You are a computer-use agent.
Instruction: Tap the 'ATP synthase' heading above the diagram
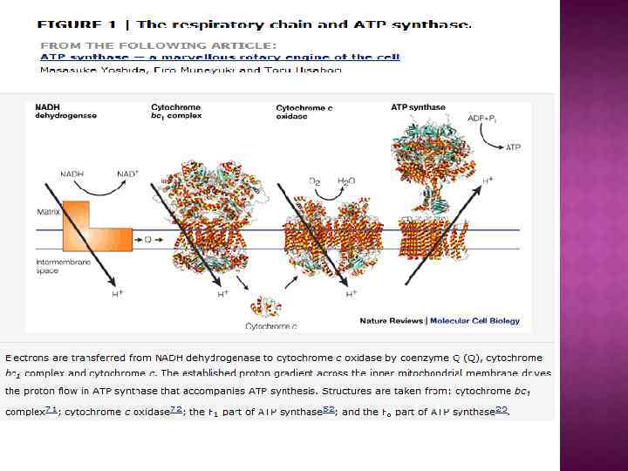(x=418, y=107)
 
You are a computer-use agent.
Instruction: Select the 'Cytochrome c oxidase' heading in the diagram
(x=304, y=112)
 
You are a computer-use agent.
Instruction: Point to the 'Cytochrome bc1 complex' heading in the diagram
(x=177, y=111)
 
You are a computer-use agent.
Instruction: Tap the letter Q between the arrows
(x=147, y=237)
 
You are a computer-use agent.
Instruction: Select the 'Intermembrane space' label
(x=58, y=267)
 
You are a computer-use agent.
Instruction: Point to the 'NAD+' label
(x=127, y=174)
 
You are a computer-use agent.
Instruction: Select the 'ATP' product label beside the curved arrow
(x=514, y=147)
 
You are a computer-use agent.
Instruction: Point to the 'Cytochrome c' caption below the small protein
(x=270, y=326)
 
